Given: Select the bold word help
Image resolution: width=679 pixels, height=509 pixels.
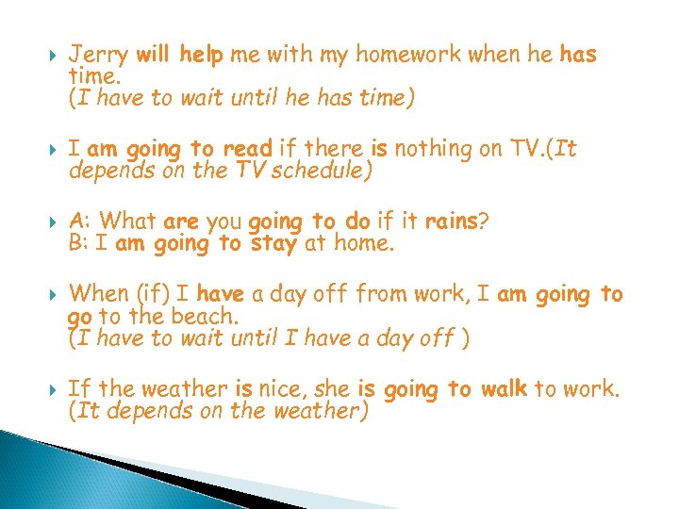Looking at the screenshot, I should click(202, 55).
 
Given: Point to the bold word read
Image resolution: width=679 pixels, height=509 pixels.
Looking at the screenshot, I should click(247, 148).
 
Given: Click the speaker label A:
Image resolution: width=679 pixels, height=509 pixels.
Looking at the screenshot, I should click(80, 222).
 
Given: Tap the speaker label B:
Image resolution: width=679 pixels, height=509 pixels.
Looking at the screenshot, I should click(79, 245).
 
